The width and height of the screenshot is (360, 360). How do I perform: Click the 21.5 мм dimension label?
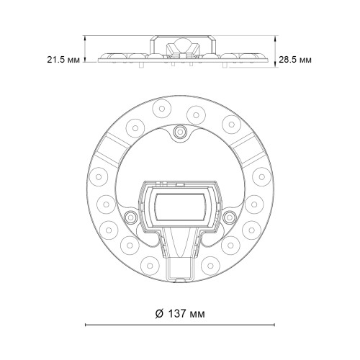(x=63, y=60)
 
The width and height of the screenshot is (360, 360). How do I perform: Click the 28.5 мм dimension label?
(x=295, y=60)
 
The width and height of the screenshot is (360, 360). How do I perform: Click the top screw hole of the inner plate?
(x=180, y=131)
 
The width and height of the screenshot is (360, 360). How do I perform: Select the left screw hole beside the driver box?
(x=130, y=217)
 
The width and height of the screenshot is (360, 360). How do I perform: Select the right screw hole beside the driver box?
(x=230, y=217)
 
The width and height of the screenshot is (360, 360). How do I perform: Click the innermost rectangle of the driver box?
(x=181, y=207)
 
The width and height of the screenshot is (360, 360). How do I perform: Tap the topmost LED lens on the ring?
(x=162, y=109)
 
